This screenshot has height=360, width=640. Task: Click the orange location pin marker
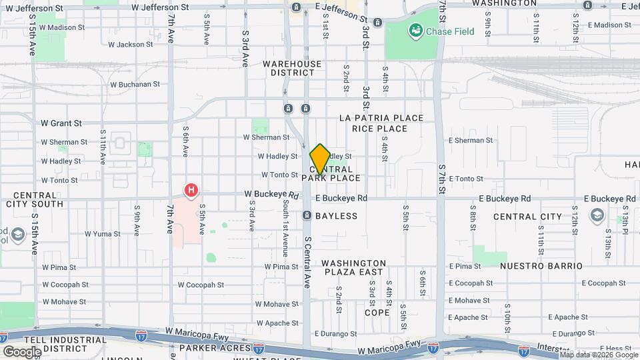coord(320,159)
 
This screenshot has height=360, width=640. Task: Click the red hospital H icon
coord(191,191)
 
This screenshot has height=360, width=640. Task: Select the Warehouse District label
coord(291,69)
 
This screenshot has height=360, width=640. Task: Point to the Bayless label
coord(336,216)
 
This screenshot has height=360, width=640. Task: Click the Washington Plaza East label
coord(354,267)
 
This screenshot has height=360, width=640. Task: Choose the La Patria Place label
coord(381,118)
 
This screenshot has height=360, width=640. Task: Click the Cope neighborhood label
coord(377,312)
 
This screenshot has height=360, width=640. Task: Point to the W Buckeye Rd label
coord(270,195)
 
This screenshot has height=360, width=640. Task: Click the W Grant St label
coord(61,123)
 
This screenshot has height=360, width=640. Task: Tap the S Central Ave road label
coord(307,262)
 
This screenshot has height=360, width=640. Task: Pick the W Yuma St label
coord(102,234)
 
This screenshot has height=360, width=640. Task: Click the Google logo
coord(22,351)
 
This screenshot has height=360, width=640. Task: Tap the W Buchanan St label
coord(135,85)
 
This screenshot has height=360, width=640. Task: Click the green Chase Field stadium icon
coord(416,30)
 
